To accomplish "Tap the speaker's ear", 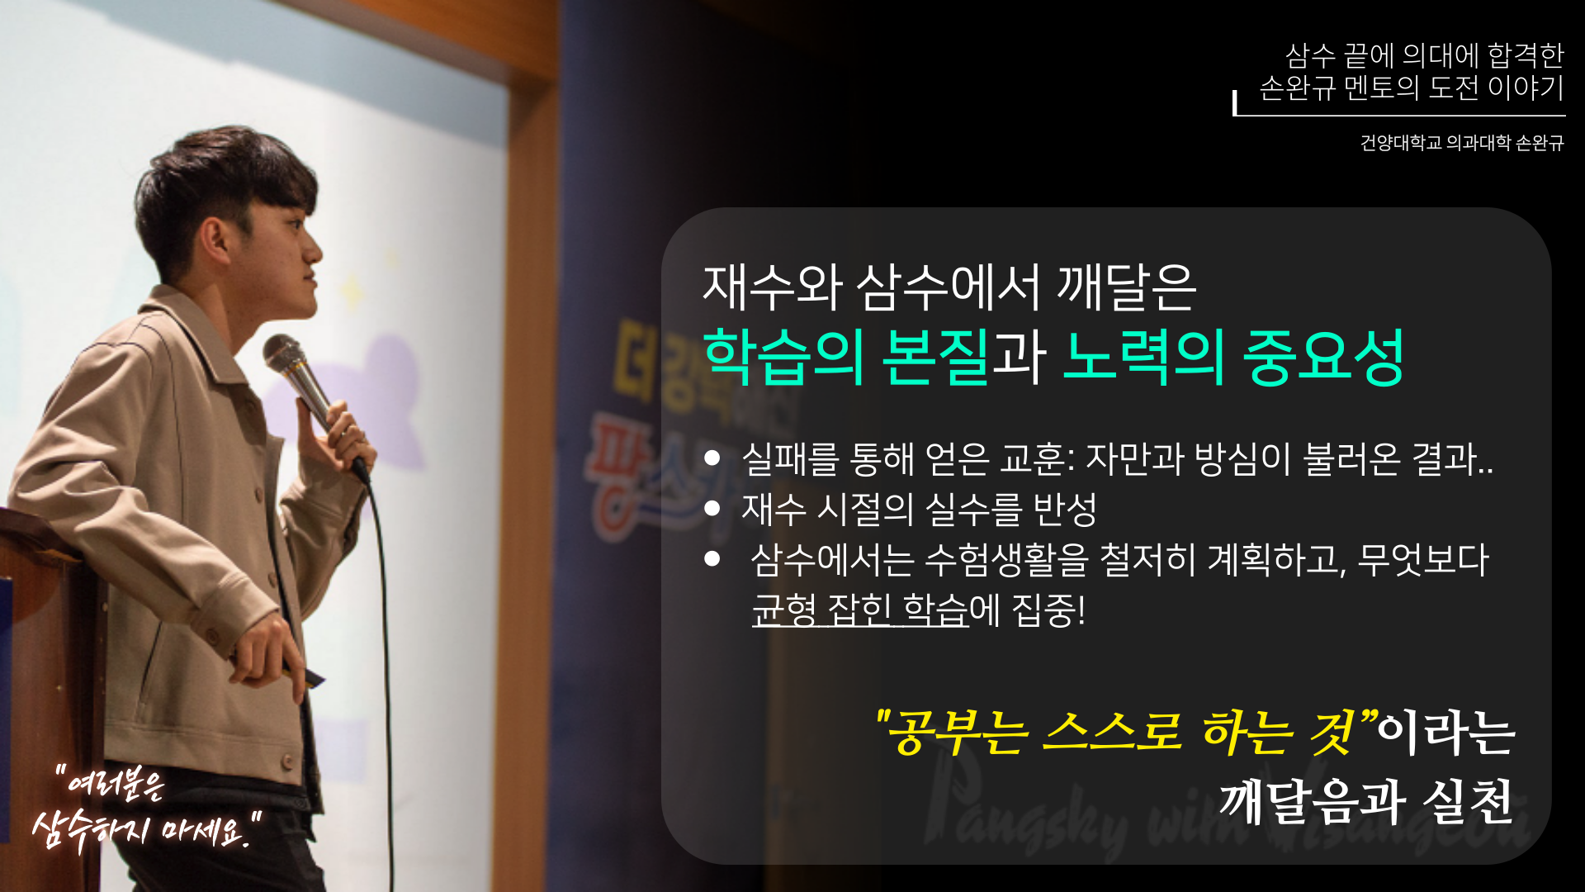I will point(216,240).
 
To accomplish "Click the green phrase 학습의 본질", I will point(845,357).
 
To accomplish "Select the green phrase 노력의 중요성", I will point(1233,357).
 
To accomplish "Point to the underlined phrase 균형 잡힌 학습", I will point(859,610).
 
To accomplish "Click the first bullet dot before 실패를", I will point(712,458).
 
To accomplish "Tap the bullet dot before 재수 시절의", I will point(712,509).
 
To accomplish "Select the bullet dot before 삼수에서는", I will point(712,559).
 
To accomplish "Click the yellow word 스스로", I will point(1111,732).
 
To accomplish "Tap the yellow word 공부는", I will point(958,732).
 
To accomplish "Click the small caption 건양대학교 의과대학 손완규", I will point(1461,143).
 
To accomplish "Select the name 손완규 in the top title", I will point(1297,88).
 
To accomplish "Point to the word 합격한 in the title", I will point(1526,55).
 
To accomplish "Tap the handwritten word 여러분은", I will point(116,784).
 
